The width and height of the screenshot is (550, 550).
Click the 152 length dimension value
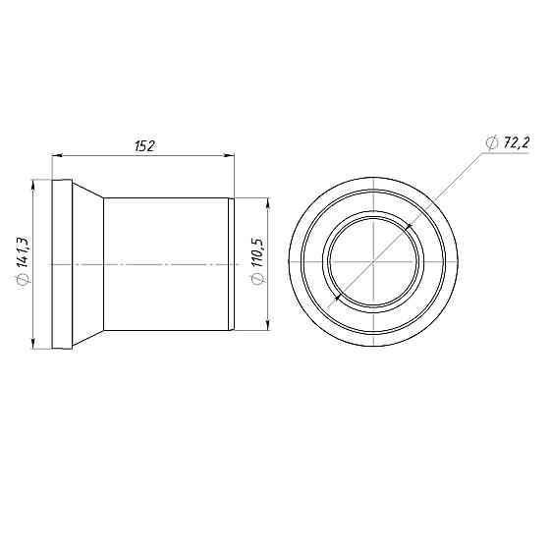[x=144, y=145]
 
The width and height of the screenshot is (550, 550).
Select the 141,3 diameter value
[x=25, y=251]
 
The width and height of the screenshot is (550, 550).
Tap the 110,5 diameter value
[x=258, y=251]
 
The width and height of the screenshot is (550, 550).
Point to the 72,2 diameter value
[x=517, y=142]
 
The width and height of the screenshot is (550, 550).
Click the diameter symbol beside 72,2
[x=493, y=142]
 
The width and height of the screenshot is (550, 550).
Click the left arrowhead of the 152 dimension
[x=57, y=155]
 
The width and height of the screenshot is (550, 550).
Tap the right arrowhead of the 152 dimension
[x=230, y=155]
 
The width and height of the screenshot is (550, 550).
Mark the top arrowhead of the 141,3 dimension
[x=33, y=185]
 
